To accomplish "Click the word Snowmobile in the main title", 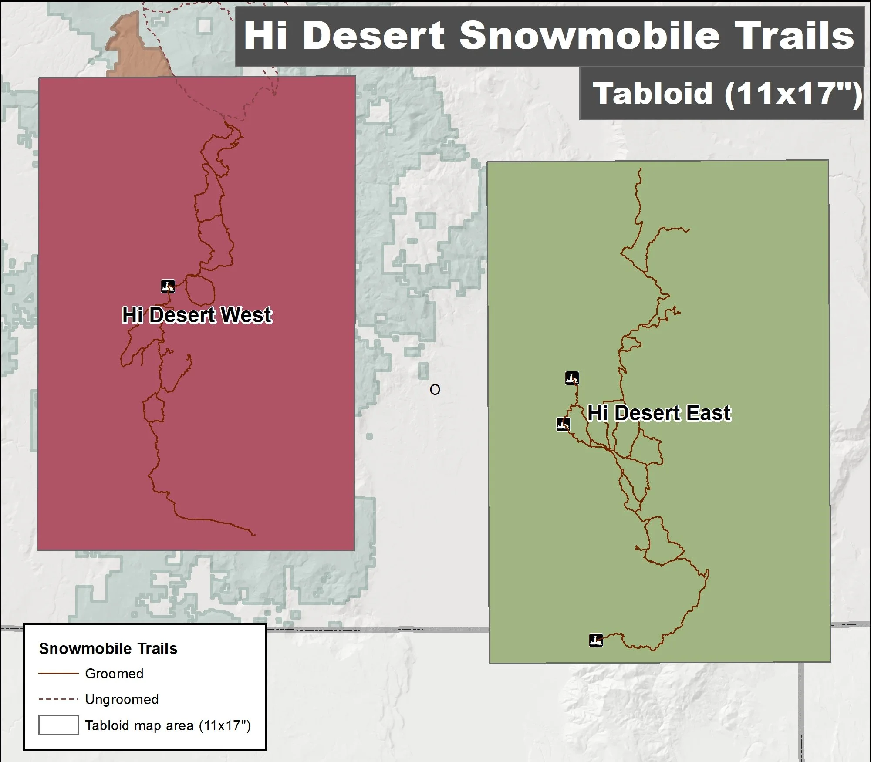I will click(x=590, y=36).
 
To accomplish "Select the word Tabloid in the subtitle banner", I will click(x=652, y=94).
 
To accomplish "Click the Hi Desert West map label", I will click(x=197, y=315).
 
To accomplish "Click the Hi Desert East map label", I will click(x=659, y=413).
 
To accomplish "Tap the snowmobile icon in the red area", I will click(x=168, y=286).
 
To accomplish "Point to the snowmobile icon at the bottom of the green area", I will click(x=596, y=640).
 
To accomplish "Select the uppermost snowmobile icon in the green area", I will click(x=572, y=378).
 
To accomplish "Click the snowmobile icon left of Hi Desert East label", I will click(x=563, y=424).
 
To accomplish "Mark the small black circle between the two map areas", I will click(x=435, y=390).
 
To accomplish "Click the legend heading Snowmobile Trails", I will click(x=108, y=648).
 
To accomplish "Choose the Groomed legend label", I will click(x=114, y=674).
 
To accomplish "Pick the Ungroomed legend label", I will click(x=122, y=699).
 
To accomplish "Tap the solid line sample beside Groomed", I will click(x=58, y=674).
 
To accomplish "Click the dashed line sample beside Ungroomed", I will click(x=58, y=699).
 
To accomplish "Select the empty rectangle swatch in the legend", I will click(x=58, y=725).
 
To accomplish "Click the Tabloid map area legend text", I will click(x=168, y=725).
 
